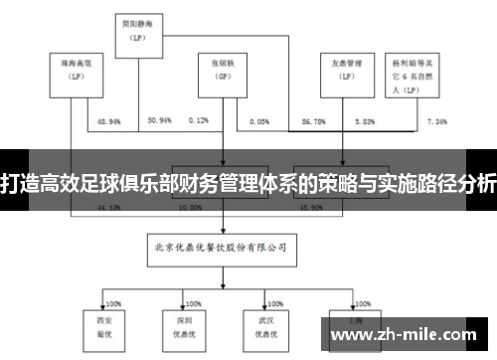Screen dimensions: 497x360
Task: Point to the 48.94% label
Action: (x=110, y=120)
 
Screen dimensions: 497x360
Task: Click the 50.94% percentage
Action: (x=159, y=120)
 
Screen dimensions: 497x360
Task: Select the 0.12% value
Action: (x=198, y=120)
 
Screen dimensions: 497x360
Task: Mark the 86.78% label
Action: (x=315, y=120)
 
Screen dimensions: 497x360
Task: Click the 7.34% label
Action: (x=436, y=120)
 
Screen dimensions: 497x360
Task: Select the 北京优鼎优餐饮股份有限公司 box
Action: (x=220, y=241)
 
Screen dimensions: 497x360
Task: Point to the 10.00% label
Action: (x=191, y=208)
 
